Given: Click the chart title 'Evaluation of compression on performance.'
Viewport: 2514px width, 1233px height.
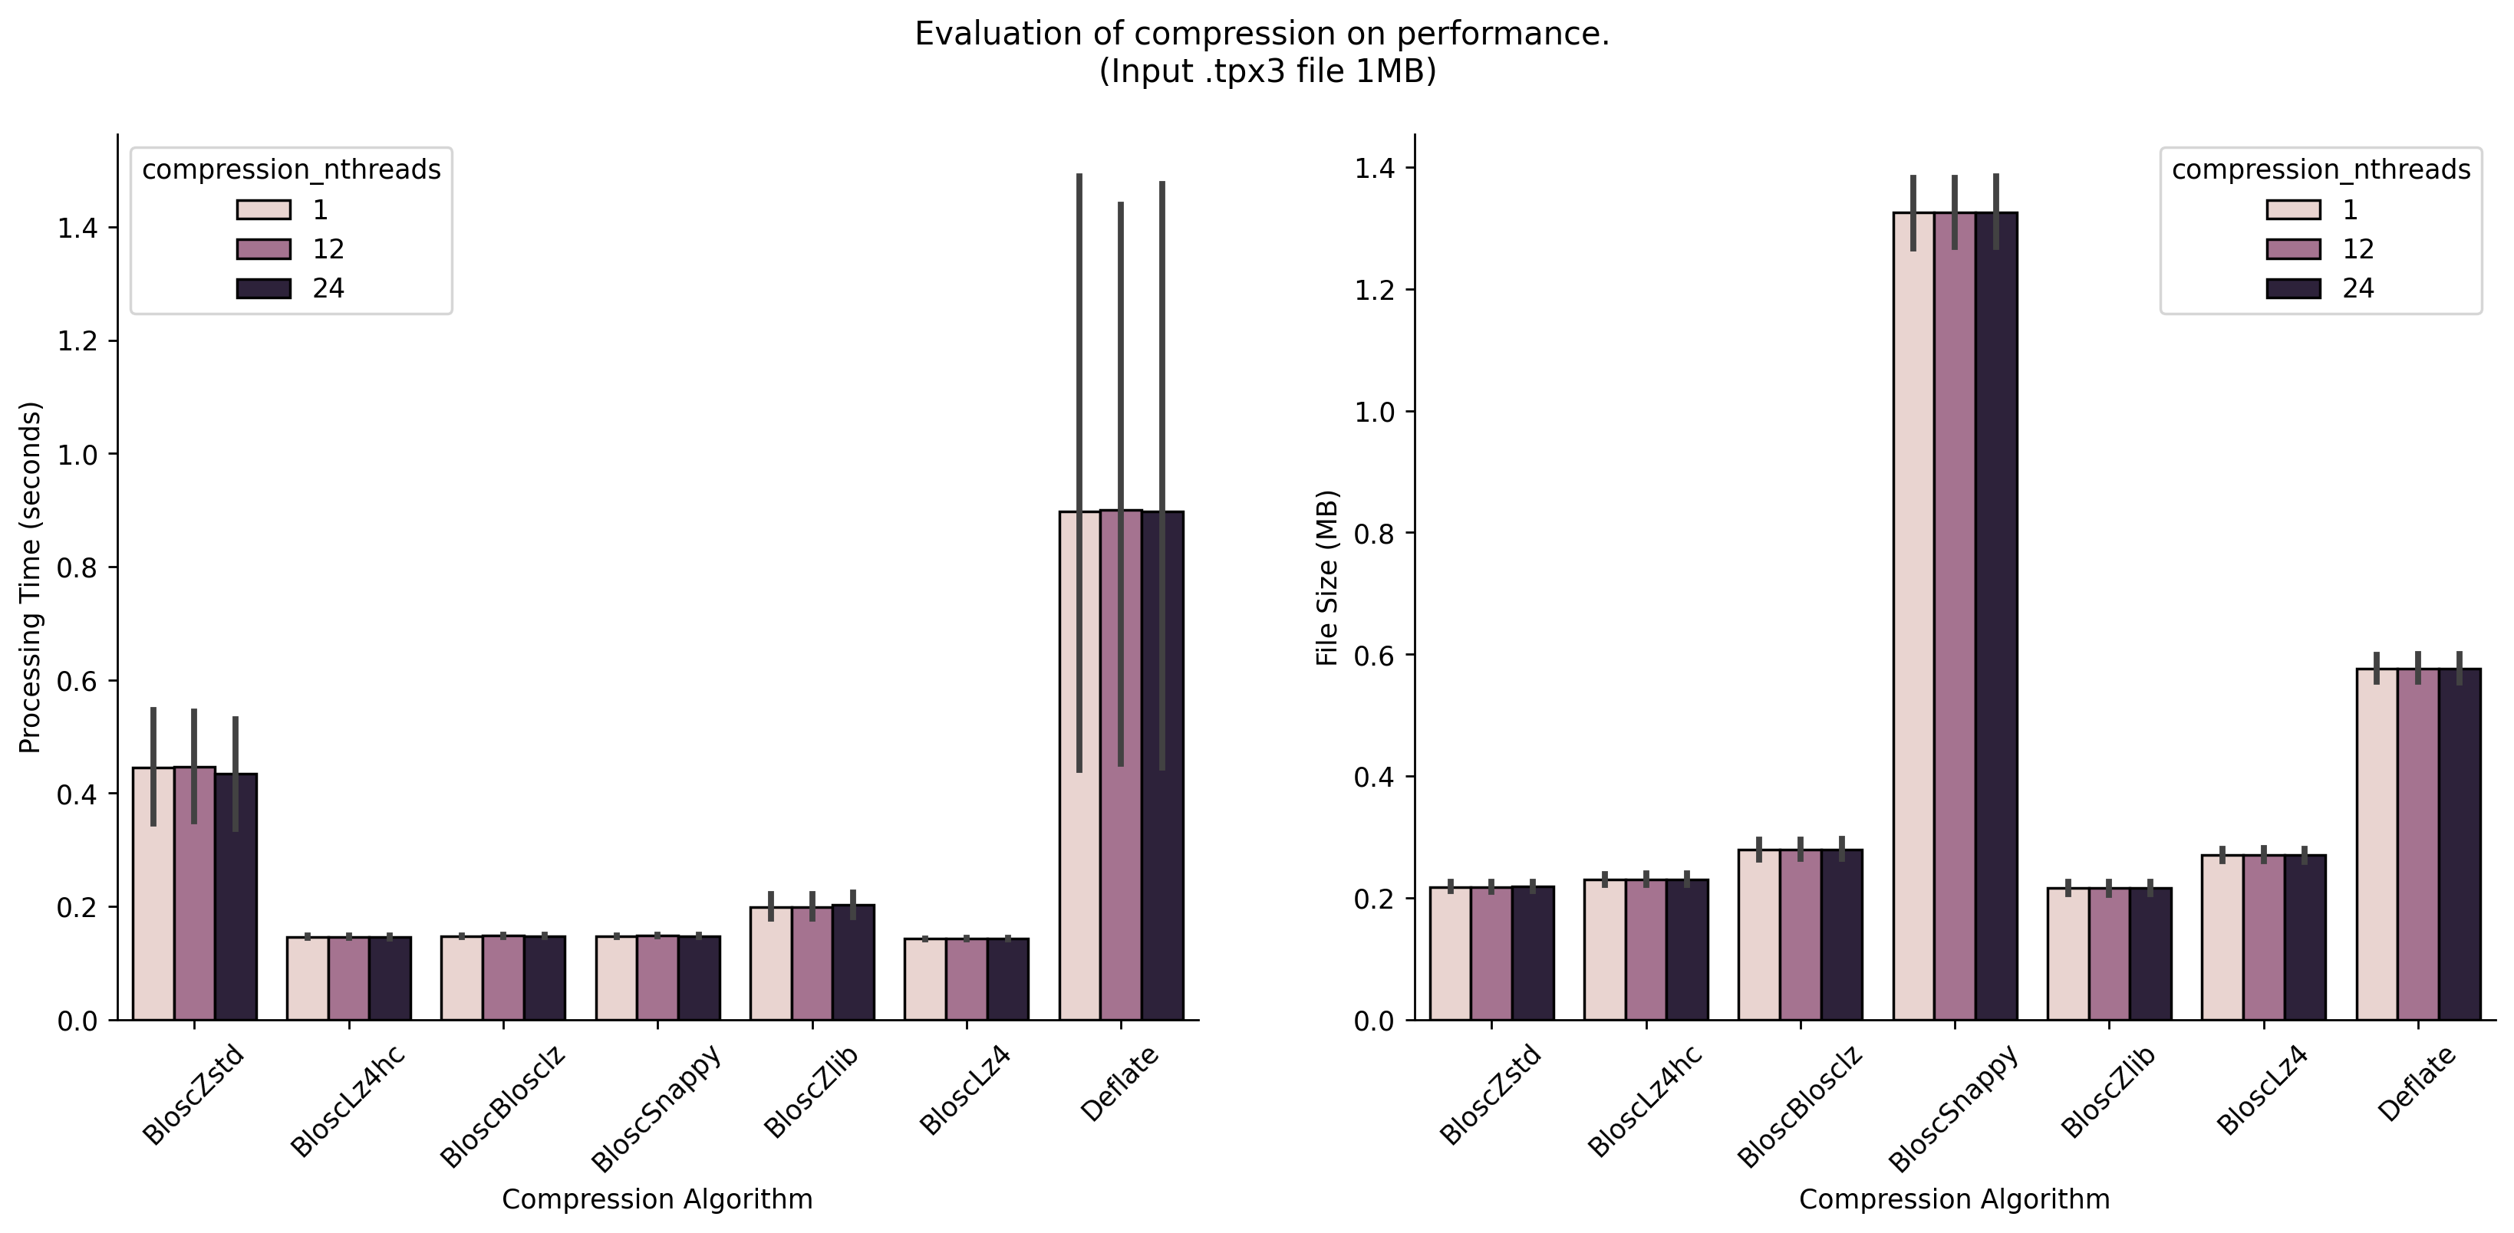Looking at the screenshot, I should tap(1262, 35).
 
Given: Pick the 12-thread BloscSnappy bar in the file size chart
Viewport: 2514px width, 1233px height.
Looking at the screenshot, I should tap(1955, 624).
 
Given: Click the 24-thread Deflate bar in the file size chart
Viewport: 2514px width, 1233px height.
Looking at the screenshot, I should tap(2460, 849).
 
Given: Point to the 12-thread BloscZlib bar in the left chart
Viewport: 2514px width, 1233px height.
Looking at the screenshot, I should tap(812, 965).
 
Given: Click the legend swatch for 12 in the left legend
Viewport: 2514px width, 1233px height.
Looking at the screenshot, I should tap(263, 248).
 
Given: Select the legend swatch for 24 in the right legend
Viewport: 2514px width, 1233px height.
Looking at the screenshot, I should tap(2293, 288).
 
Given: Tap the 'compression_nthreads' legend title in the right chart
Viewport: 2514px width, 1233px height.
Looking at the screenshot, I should tap(2321, 169).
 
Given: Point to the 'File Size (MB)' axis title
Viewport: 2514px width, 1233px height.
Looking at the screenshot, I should tap(1327, 577).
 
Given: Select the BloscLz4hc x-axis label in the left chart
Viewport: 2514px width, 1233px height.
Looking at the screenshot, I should tap(347, 1103).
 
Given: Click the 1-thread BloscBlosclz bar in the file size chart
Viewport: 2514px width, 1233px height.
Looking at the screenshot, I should tap(1758, 936).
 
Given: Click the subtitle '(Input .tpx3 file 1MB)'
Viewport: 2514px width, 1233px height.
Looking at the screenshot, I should tap(1267, 72).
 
